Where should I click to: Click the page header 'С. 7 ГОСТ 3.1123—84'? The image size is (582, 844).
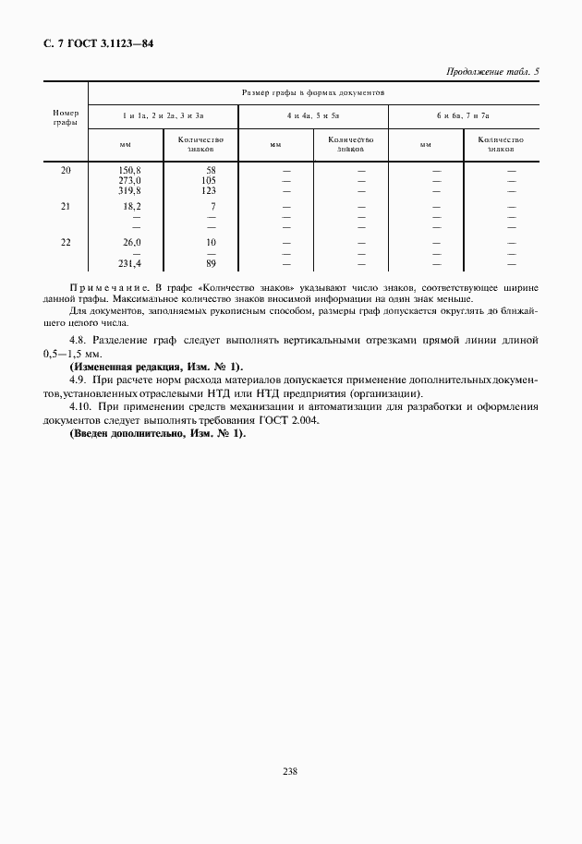point(98,42)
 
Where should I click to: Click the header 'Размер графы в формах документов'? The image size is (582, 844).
point(313,93)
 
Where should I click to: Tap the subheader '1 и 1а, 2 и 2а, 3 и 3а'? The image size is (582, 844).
point(163,117)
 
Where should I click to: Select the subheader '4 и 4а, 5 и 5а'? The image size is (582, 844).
point(313,117)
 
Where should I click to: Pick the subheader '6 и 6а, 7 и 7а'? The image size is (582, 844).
point(463,117)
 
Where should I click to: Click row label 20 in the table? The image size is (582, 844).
point(66,171)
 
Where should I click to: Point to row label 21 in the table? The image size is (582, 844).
point(66,207)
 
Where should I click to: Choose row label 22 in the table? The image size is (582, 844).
point(66,242)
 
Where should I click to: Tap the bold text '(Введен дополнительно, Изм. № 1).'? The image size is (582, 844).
point(158,434)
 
